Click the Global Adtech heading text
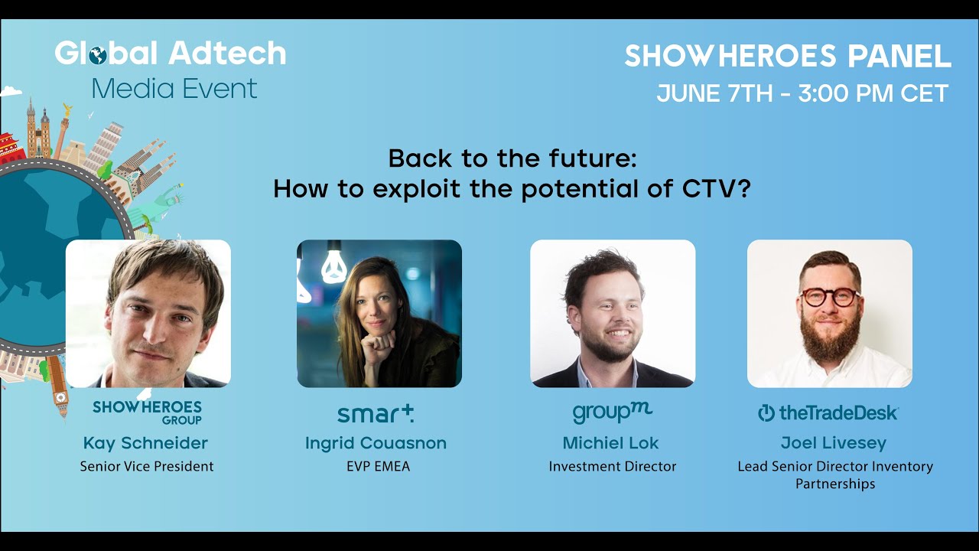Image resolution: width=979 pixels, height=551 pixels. [x=170, y=54]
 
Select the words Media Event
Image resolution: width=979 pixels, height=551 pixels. [x=174, y=89]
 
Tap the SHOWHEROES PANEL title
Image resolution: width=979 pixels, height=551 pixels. [x=788, y=57]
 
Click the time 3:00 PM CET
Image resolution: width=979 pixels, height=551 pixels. [x=873, y=93]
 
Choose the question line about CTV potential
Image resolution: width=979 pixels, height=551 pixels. [x=512, y=188]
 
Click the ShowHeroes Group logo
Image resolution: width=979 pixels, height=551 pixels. [x=147, y=412]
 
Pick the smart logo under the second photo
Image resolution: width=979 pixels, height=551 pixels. [x=376, y=414]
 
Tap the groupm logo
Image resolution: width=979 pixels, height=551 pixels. [x=612, y=413]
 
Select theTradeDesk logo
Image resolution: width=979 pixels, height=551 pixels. [x=828, y=413]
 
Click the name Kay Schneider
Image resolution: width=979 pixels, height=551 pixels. [x=145, y=443]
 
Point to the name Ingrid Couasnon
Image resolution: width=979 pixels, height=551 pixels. [x=376, y=443]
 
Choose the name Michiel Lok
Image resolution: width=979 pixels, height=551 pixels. [x=610, y=443]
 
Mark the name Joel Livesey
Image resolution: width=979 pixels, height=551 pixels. [x=834, y=443]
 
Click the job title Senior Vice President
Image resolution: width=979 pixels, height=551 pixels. [x=147, y=466]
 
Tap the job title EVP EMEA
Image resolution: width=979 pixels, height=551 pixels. [x=378, y=466]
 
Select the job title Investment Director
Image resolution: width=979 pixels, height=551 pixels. [x=613, y=466]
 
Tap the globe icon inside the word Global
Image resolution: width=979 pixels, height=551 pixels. [x=98, y=55]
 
